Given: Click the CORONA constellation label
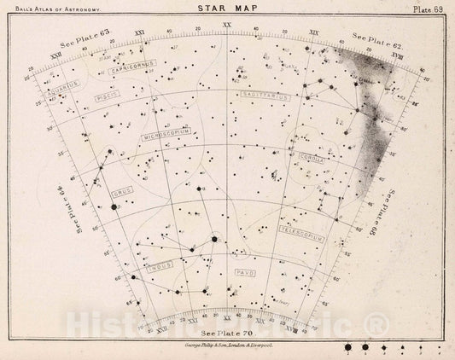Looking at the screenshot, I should [311, 157].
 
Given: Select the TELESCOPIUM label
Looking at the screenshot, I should [301, 231].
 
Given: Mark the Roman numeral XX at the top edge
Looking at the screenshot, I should [226, 25].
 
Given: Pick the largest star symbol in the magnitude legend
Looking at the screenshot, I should [349, 348].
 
